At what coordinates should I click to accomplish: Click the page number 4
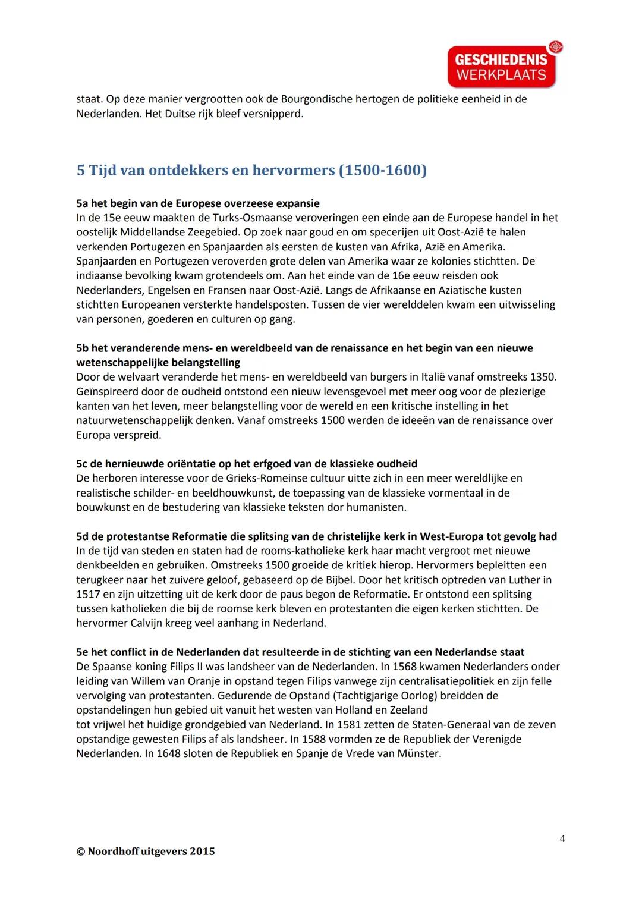click(562, 838)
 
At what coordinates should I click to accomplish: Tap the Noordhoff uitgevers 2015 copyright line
click(146, 851)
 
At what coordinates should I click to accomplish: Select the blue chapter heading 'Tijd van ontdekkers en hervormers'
click(251, 171)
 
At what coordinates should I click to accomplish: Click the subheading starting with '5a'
click(198, 203)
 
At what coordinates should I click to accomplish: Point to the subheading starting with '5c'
click(247, 464)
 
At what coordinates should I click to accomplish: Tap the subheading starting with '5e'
click(300, 652)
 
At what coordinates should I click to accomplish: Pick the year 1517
click(89, 594)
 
